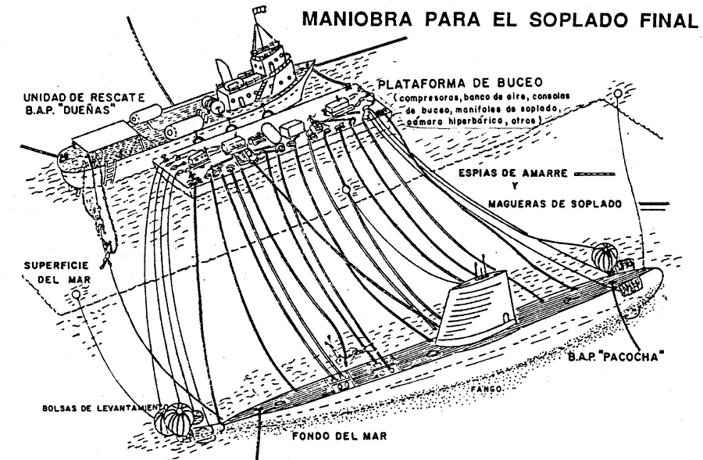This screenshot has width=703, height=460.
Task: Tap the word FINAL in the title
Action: coord(665,19)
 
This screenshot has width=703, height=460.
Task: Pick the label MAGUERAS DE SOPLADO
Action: coord(554,204)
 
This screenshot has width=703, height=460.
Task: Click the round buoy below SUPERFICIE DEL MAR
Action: coord(76,293)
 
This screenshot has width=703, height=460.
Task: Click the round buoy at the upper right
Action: coord(618,94)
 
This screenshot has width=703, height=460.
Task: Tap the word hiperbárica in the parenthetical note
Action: coord(482,122)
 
